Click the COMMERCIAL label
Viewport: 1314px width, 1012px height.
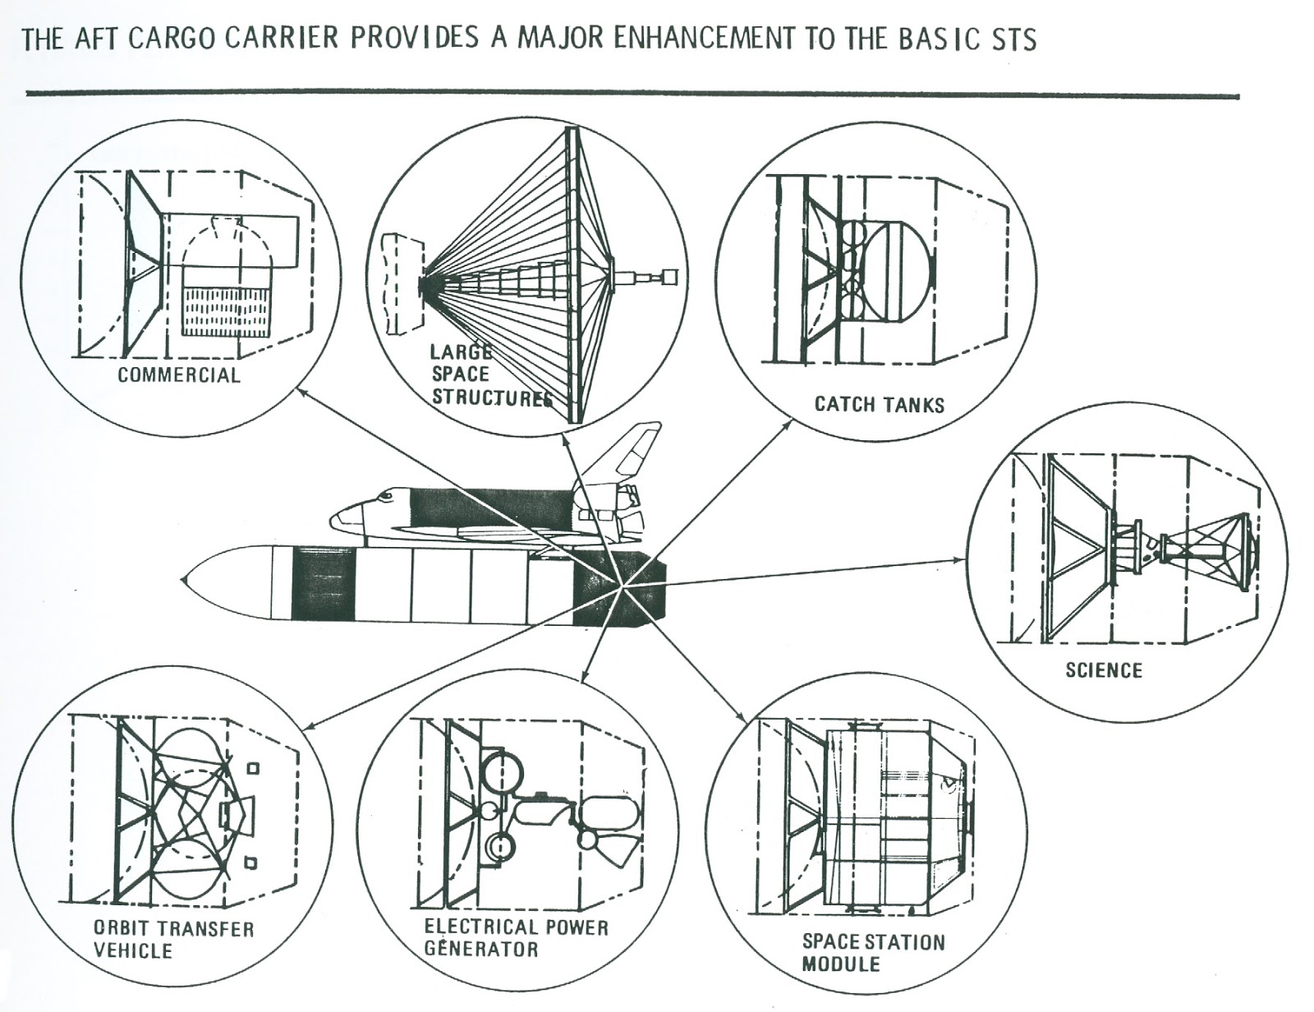coord(178,375)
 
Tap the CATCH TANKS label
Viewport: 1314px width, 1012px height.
coord(879,404)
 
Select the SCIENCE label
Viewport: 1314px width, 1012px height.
coord(1103,670)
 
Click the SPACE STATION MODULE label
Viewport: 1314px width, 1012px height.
coord(872,952)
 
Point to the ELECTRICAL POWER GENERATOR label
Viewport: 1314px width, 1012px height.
coord(516,938)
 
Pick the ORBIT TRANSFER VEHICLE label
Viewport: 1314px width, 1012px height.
coord(172,940)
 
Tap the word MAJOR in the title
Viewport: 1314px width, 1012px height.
coord(560,39)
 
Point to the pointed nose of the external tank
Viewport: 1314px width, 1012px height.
coord(185,577)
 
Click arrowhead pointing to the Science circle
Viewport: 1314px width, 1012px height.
coord(963,560)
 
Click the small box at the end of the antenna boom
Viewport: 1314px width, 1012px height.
coord(671,276)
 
